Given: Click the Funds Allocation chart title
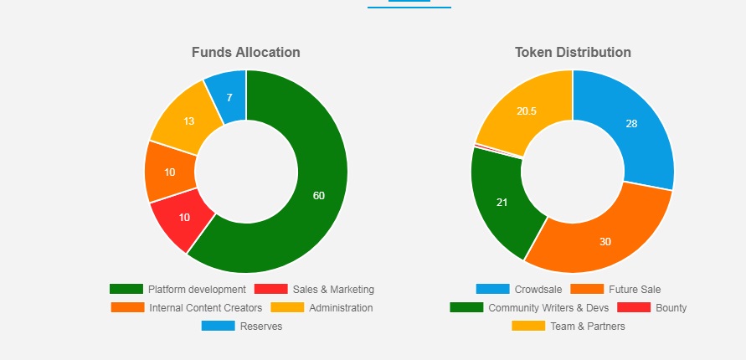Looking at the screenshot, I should [245, 52].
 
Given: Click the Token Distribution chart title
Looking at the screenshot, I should [573, 52].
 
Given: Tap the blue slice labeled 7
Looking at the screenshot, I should [229, 96].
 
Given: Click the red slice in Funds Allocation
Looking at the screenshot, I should [183, 218].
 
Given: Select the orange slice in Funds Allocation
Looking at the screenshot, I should [170, 172].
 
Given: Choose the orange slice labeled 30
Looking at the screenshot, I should [605, 240].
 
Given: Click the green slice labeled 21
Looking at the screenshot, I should [501, 203].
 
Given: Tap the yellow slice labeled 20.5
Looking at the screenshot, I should [526, 111].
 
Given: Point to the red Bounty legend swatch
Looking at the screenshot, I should [633, 308].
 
